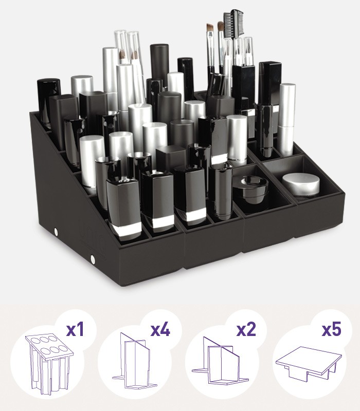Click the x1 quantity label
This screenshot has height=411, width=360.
pos(75,329)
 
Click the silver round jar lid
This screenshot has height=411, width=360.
pos(301,184)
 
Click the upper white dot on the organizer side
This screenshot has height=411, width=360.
pos(56,231)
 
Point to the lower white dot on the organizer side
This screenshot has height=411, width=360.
pos(93,259)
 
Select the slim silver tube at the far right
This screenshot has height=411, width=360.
pos(286,119)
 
